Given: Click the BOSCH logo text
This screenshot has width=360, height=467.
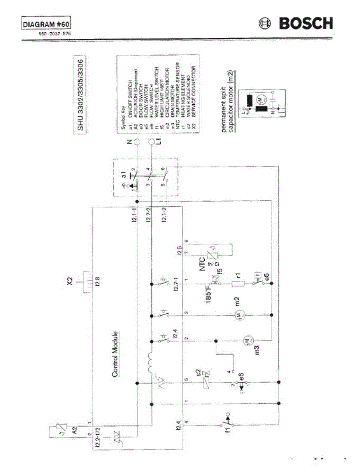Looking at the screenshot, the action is tap(306, 24).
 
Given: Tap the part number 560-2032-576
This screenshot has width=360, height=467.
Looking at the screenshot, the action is tap(54, 33).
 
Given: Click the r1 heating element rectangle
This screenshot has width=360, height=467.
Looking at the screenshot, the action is tap(237, 284).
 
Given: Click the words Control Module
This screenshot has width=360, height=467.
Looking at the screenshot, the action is tap(115, 354).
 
